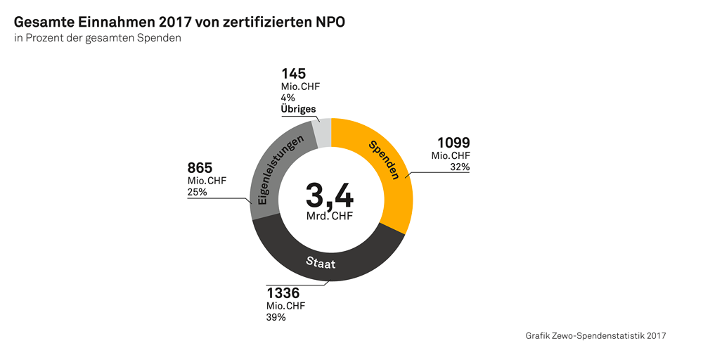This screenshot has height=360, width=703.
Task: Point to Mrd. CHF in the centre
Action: [330, 216]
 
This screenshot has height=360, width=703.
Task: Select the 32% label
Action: [460, 167]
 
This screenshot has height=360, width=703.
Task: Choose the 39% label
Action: [276, 317]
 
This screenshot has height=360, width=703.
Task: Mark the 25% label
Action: [198, 192]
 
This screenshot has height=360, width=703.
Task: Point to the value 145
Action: [294, 73]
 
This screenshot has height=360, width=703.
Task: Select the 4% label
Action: [288, 98]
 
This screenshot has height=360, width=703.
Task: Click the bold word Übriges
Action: [298, 109]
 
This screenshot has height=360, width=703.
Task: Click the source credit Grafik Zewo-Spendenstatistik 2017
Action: [595, 336]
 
